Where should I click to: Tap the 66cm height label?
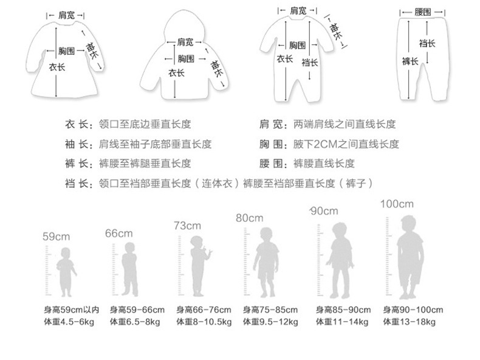coord(118,233)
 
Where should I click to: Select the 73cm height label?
coord(187,226)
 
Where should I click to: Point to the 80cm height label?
coord(250,218)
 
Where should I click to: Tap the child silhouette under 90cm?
coord(340,259)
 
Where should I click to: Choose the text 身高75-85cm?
coord(270,310)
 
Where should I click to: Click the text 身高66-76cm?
coord(204,310)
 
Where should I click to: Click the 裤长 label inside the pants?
coord(410,61)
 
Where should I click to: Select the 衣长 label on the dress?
coord(58,68)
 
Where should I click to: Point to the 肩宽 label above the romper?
coord(298,10)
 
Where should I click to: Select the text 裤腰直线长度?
coord(324,164)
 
